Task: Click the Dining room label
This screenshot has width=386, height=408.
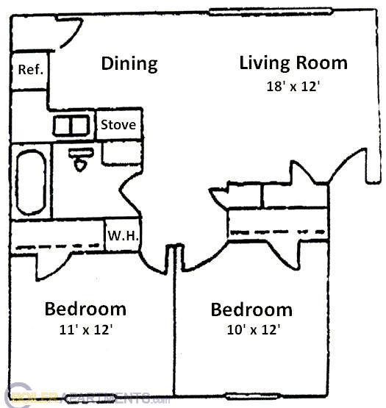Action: coord(129,63)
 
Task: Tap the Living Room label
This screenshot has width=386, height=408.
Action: coord(293,62)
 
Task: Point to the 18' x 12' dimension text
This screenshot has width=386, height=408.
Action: coord(293,85)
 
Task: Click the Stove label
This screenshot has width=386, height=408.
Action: coord(118,125)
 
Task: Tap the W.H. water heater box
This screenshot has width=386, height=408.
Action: coord(122,237)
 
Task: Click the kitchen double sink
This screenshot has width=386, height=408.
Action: coord(71,126)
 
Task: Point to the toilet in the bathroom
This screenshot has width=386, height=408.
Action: coord(79,160)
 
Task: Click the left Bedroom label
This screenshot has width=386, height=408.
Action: coord(85,309)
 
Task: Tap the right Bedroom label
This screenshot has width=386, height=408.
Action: coord(251,309)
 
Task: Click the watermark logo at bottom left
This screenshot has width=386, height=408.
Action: coord(74,398)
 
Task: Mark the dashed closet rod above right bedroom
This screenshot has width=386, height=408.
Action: coord(278,233)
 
